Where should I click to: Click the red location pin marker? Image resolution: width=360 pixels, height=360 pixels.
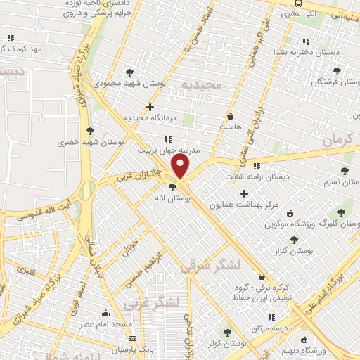coord(181,167)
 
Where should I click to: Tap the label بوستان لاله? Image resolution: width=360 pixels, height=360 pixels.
coord(176,199)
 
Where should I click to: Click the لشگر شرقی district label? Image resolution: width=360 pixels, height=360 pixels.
coord(211,264)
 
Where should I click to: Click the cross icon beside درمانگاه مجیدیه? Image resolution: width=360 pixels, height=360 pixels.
coord(149,107)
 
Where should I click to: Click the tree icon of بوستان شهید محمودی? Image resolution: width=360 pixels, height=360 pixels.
coord(129,72)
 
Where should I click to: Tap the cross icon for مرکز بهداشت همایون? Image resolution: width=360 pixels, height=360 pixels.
coord(244,193)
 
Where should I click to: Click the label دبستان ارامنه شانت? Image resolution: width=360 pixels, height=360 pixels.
coord(257,177)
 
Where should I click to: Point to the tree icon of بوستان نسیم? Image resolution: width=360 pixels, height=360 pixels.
coord(344,171)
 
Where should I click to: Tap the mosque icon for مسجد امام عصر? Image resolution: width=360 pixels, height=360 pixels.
coord(106,314)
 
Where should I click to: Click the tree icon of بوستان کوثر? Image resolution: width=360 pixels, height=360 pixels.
coord(226,332)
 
